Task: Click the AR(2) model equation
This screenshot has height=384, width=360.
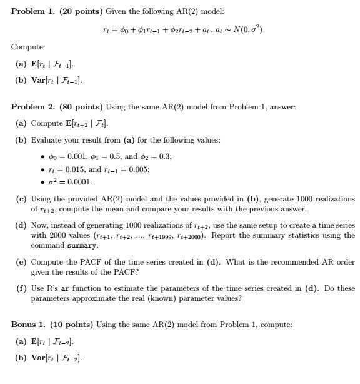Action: [x=181, y=29]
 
